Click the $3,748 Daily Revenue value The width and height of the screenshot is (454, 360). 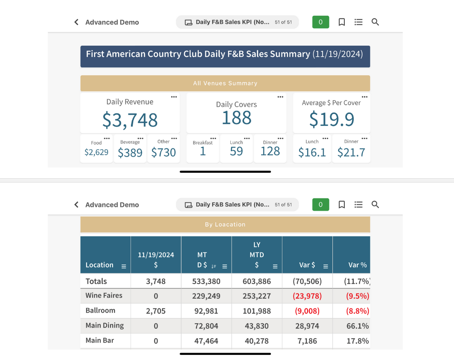[x=130, y=120]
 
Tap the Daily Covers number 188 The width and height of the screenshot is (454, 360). [x=236, y=118]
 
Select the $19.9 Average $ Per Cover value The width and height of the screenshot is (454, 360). [x=332, y=119]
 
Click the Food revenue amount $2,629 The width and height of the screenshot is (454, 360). [x=96, y=152]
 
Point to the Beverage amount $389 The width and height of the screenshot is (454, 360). [x=130, y=153]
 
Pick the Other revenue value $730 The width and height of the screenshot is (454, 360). [x=163, y=152]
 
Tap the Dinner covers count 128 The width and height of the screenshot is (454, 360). [x=270, y=151]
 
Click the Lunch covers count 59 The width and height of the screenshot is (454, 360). [x=236, y=151]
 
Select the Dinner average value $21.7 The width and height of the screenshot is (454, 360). [x=351, y=152]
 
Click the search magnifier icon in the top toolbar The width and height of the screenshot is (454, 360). [x=375, y=22]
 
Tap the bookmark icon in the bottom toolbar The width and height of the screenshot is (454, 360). [x=342, y=205]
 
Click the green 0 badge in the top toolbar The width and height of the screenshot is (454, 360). [x=320, y=22]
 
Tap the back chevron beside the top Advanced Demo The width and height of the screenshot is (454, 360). [x=76, y=22]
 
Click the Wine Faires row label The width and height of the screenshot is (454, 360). [x=104, y=296]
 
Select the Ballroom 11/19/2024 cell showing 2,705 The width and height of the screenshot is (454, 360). [x=156, y=311]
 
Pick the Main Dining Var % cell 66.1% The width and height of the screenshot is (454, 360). [x=358, y=326]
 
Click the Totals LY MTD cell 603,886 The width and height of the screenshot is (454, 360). [x=256, y=282]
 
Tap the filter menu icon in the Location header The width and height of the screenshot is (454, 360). [x=124, y=267]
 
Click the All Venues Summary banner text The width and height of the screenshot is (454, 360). [x=225, y=83]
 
